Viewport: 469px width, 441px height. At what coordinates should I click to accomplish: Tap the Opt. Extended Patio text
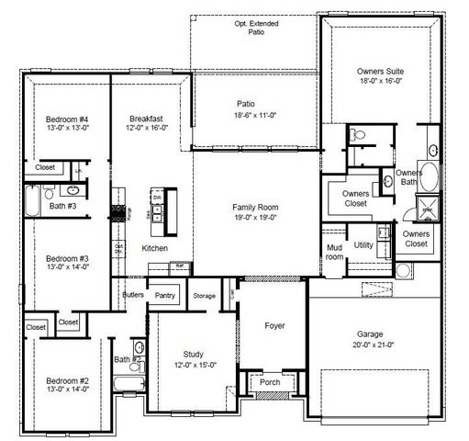pyautogui.click(x=250, y=27)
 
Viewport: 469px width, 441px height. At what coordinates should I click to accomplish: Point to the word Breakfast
pyautogui.click(x=146, y=119)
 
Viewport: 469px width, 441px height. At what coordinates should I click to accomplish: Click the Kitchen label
pyautogui.click(x=154, y=249)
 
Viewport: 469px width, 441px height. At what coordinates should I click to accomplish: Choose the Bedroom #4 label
pyautogui.click(x=68, y=119)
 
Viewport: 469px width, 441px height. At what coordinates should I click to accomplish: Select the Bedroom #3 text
pyautogui.click(x=68, y=259)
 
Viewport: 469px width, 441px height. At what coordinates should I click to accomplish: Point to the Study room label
pyautogui.click(x=193, y=354)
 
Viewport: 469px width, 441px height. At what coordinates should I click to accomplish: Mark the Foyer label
pyautogui.click(x=274, y=326)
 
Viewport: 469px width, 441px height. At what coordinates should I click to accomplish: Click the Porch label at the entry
pyautogui.click(x=271, y=383)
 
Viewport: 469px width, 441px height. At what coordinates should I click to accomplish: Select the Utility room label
pyautogui.click(x=363, y=244)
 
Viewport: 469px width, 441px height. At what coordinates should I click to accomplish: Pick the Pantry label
pyautogui.click(x=165, y=296)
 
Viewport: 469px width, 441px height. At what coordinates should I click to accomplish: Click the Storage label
pyautogui.click(x=204, y=296)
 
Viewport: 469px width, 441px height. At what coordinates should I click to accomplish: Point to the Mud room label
pyautogui.click(x=335, y=253)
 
